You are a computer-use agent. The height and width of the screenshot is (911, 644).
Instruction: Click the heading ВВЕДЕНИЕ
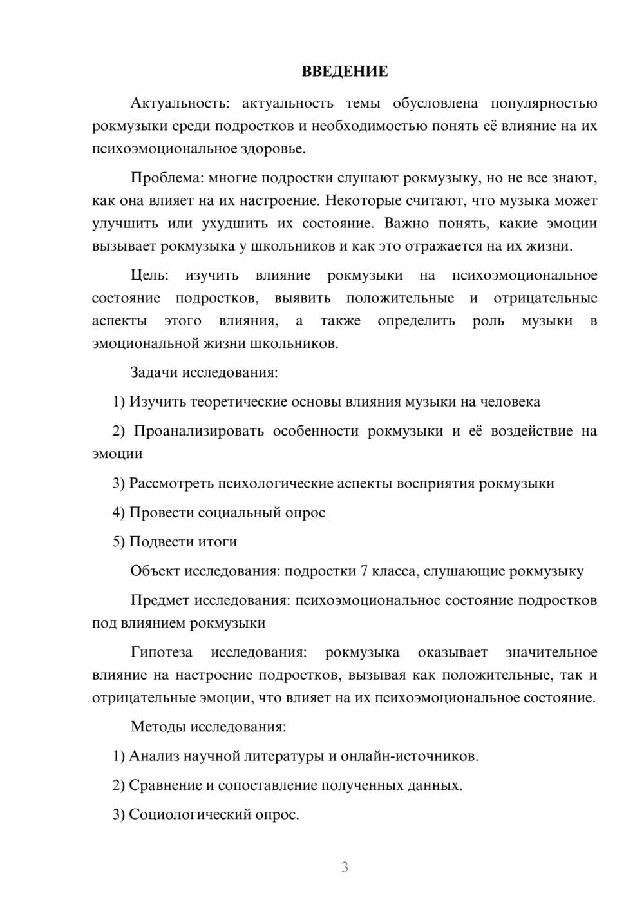(x=345, y=72)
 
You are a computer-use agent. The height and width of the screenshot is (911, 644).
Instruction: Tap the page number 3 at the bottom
(x=345, y=867)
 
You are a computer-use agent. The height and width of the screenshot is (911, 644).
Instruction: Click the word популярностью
(x=544, y=103)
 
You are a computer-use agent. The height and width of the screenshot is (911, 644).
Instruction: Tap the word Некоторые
(x=363, y=200)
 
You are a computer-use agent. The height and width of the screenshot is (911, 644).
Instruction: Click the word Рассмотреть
(x=172, y=483)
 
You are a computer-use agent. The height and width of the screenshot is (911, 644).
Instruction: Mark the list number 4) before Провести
(x=118, y=513)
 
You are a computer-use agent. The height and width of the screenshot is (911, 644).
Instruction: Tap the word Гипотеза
(x=161, y=653)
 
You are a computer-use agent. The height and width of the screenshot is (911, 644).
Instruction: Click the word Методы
(x=158, y=727)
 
